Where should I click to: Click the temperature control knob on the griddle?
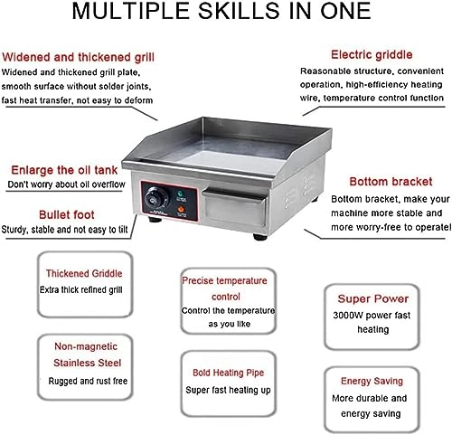coord(156,198)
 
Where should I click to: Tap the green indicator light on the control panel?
coord(181,194)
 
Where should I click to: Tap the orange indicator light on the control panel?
coord(181,210)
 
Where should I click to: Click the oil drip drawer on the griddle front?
coord(234,208)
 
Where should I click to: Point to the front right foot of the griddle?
coord(260,237)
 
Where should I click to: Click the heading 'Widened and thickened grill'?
coord(78,57)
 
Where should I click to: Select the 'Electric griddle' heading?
coord(372,54)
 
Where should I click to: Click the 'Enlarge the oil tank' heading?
coord(64,170)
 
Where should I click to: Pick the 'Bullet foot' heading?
coord(67,214)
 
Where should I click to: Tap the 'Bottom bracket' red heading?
coord(391,182)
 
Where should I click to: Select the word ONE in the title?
coord(345,11)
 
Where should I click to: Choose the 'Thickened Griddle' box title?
coord(84,273)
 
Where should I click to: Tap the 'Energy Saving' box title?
coord(372,381)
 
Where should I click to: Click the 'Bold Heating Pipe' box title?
coord(229,373)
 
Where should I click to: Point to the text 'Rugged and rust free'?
coord(88,381)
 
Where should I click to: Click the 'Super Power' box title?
coord(373,298)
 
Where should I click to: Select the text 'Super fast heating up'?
coord(228,390)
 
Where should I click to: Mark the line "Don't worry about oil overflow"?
coord(66,184)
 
